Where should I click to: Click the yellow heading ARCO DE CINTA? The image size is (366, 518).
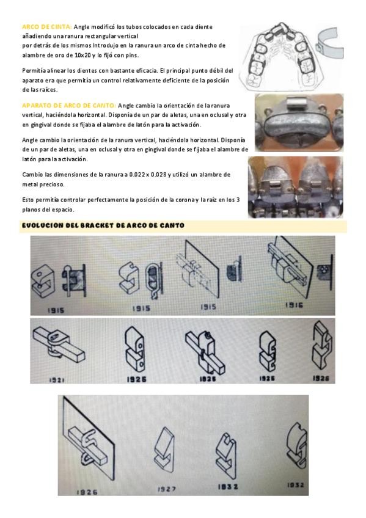point(47,27)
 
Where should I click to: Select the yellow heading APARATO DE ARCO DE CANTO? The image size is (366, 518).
point(68,106)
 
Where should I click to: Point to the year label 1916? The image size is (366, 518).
point(294,305)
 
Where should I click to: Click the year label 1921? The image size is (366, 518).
point(56,380)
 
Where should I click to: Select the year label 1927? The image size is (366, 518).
point(166,489)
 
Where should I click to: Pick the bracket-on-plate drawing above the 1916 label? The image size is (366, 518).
point(290,268)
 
